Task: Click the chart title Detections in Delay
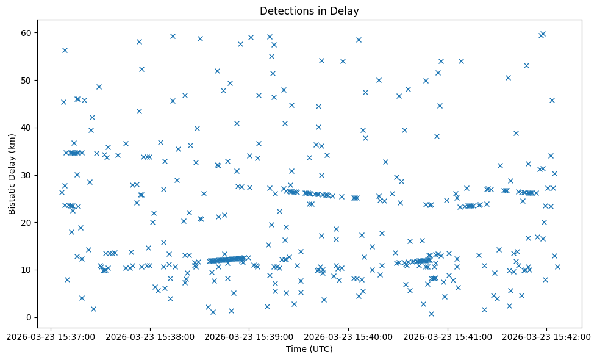pos(309,10)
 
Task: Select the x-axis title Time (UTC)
pos(309,349)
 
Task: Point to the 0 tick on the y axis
pos(29,317)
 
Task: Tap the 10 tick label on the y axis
pos(26,270)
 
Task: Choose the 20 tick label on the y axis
pos(26,223)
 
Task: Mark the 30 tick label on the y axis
pos(26,175)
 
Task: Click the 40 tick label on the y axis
pos(26,128)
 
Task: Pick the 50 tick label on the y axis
pos(26,80)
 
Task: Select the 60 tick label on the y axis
pos(26,32)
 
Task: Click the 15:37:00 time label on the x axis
pos(51,336)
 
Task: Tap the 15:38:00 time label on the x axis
pos(150,336)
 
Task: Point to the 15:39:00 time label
pos(249,336)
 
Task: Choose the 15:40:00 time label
pos(349,336)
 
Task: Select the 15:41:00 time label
pos(448,336)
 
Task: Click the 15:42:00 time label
pos(547,336)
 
